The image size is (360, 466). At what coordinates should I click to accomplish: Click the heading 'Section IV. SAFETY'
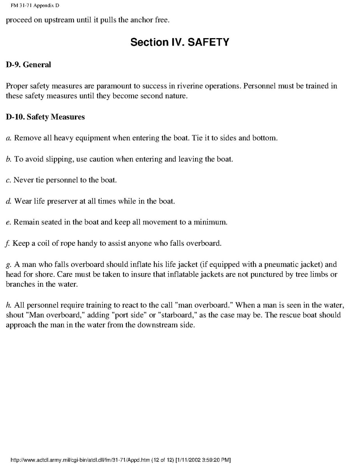tap(180, 42)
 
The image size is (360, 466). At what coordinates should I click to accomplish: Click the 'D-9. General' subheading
tap(28, 65)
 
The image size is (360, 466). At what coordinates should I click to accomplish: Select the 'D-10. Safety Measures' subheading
tap(45, 117)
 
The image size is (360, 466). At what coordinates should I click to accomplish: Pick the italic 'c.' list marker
tap(9, 180)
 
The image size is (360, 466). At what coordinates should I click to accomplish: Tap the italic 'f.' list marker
tap(8, 244)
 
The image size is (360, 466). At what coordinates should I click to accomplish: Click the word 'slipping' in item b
tap(48, 159)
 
